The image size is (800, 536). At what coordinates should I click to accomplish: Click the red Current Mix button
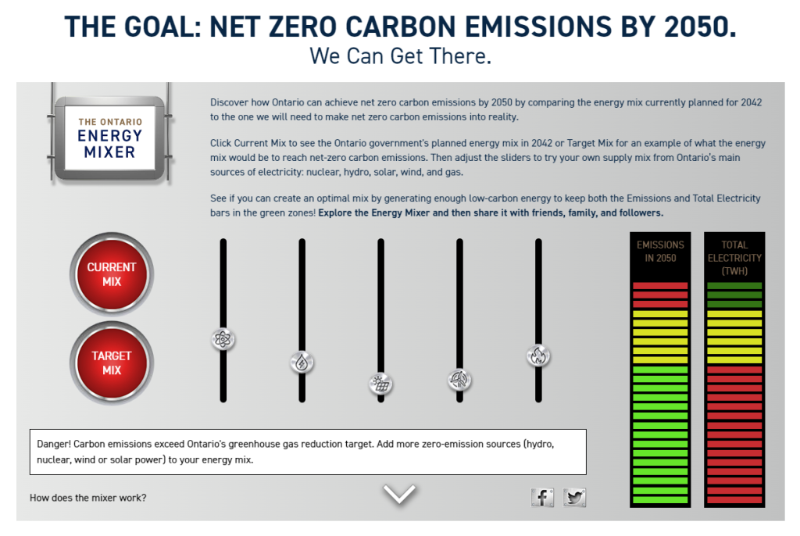click(111, 274)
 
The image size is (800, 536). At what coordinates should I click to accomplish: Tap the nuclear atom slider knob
click(223, 339)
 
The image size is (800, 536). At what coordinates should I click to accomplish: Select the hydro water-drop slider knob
click(302, 363)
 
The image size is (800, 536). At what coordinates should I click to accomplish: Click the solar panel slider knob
click(380, 384)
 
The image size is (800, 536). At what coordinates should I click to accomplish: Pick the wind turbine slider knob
click(459, 379)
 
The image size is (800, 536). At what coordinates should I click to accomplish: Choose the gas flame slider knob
click(538, 356)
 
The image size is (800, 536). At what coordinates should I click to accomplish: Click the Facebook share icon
click(542, 497)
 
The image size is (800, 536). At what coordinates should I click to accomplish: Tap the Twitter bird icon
click(574, 497)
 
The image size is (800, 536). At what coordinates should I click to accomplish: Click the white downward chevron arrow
click(399, 494)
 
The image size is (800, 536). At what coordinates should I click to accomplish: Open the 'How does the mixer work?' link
click(87, 498)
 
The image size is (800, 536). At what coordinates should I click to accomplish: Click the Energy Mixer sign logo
click(109, 138)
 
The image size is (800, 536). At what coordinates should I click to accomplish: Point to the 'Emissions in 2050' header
click(660, 251)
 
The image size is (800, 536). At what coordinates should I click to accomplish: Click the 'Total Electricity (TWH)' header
click(734, 258)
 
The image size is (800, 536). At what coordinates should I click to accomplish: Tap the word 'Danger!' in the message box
click(54, 444)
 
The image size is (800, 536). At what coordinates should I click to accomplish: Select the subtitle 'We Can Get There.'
click(401, 55)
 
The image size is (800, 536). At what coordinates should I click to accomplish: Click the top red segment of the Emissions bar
click(660, 286)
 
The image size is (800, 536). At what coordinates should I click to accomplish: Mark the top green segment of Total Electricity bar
click(734, 286)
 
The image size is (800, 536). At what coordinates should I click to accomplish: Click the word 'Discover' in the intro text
click(229, 102)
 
